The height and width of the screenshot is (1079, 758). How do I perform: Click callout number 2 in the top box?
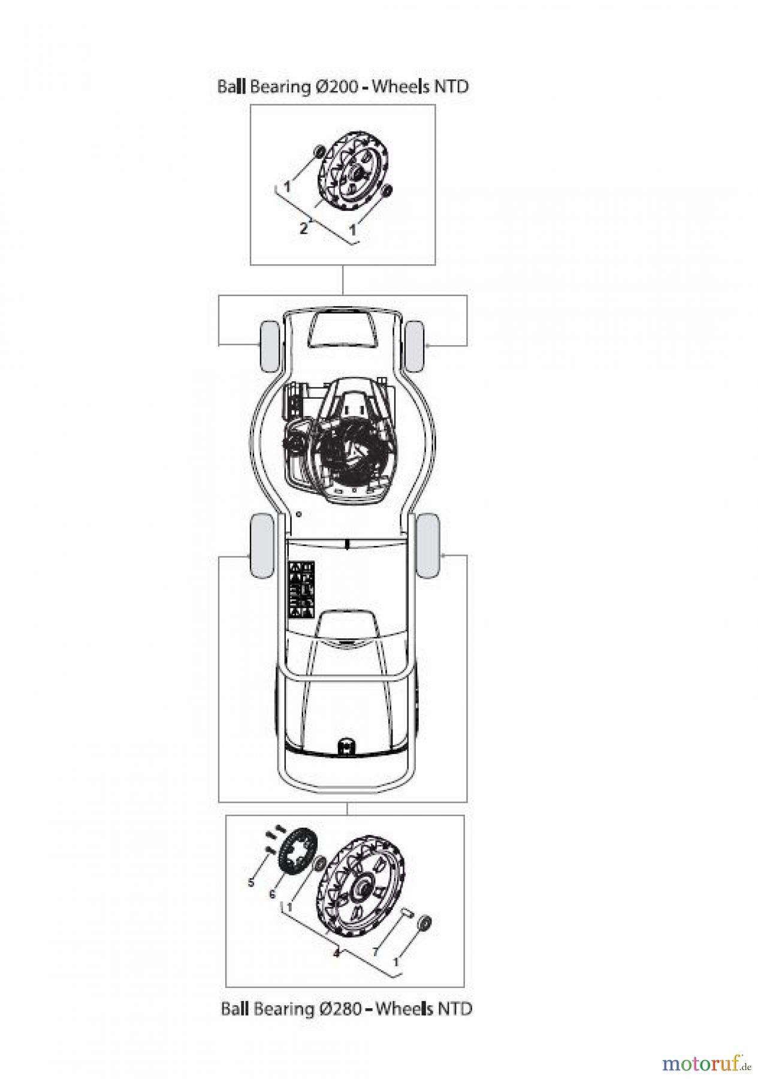[304, 228]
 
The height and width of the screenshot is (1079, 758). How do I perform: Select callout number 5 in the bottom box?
[251, 882]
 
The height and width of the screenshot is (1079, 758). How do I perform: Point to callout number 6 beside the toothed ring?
[272, 894]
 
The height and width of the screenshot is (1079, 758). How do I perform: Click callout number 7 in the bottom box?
[376, 951]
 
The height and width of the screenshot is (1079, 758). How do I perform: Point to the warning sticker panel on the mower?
[302, 590]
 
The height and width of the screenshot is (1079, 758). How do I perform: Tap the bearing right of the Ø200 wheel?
[387, 191]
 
